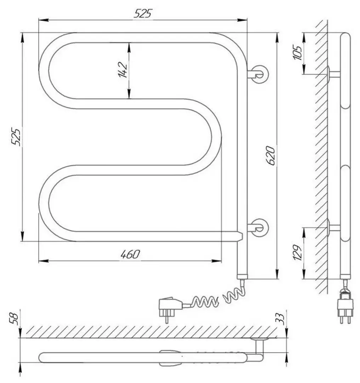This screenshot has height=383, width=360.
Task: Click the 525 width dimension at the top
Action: click(x=143, y=13)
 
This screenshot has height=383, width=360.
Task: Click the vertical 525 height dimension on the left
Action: click(x=16, y=136)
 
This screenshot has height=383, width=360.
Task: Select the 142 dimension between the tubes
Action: click(x=122, y=70)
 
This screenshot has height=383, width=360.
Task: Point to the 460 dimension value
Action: click(x=130, y=254)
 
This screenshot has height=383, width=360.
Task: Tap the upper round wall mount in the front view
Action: click(x=260, y=74)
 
